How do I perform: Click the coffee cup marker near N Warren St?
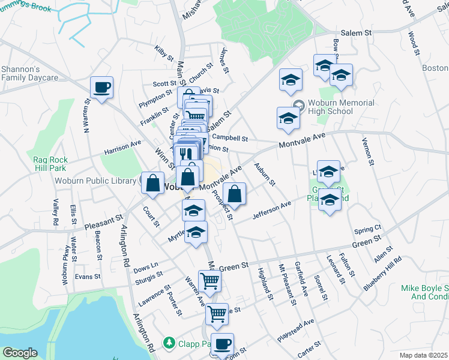coord(101,88)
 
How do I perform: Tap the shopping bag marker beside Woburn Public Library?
coord(153,182)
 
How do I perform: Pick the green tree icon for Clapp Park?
coord(170,343)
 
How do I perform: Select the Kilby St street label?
coord(163,52)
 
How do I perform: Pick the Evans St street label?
coord(88,277)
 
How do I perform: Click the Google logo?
coord(20,353)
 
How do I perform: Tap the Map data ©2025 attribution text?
coord(423,355)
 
